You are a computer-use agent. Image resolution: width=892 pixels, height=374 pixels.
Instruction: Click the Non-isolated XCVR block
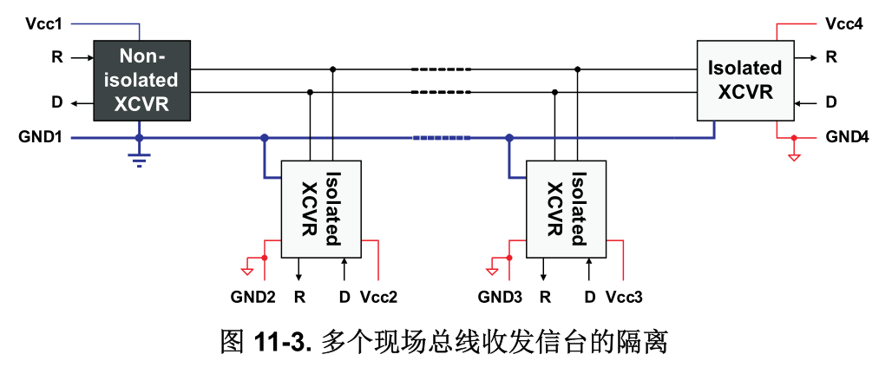pos(142,81)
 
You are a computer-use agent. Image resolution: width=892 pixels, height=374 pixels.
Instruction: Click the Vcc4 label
pos(844,23)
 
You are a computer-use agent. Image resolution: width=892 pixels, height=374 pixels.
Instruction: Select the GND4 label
pos(847,137)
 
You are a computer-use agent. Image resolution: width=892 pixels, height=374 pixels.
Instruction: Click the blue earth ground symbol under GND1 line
pos(139,159)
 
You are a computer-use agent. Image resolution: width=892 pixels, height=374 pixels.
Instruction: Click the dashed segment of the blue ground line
pos(442,137)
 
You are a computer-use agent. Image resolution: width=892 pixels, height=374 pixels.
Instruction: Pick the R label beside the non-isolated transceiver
pos(57,58)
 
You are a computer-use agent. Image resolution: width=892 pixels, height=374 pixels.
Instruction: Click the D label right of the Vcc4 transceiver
pos(831,102)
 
